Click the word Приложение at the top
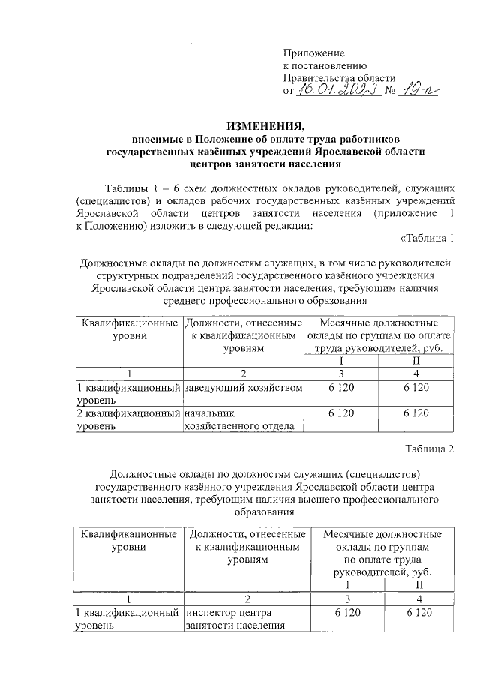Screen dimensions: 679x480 point(313,53)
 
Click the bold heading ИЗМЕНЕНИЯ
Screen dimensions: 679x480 point(267,126)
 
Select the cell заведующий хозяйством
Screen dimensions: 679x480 point(243,387)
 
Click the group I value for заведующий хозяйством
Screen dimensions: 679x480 point(341,387)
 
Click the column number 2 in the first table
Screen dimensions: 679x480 point(243,373)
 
